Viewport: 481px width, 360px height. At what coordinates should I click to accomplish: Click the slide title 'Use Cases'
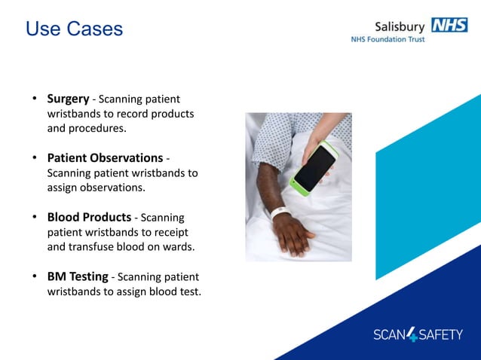[x=74, y=29]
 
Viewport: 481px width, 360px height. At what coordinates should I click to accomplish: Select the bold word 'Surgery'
[x=68, y=99]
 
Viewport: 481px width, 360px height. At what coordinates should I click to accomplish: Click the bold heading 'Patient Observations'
[x=105, y=158]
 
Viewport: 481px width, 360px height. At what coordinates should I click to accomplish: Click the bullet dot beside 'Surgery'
[x=34, y=99]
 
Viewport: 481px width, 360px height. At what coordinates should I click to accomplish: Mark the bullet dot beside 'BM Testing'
[x=34, y=276]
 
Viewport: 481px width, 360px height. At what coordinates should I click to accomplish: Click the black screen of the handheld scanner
[x=315, y=168]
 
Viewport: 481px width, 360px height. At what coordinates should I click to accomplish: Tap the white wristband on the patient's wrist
[x=281, y=213]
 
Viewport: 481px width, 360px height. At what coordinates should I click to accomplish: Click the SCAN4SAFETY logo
[x=418, y=334]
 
